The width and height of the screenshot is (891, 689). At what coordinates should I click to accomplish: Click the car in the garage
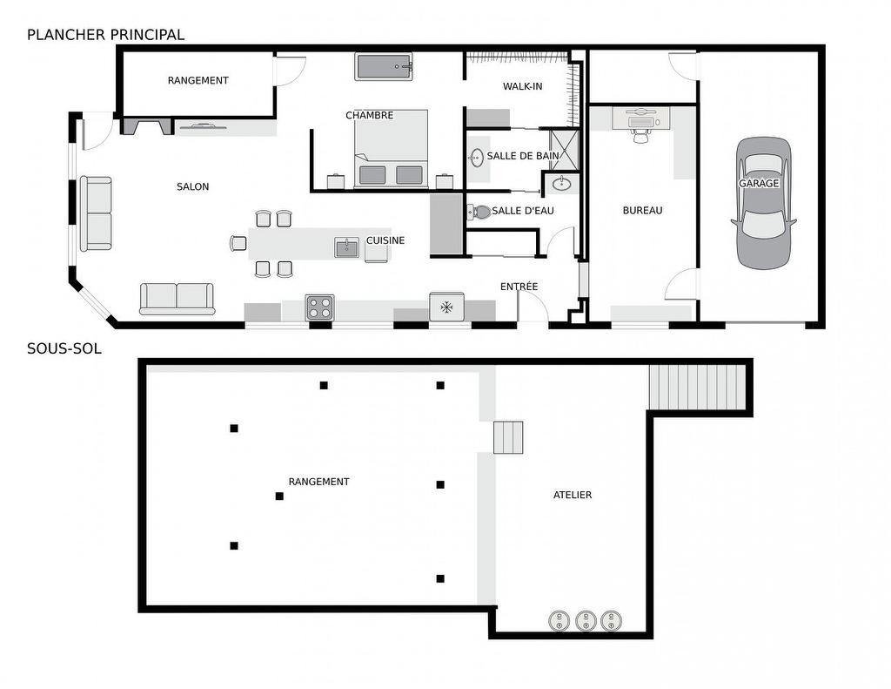click(x=764, y=202)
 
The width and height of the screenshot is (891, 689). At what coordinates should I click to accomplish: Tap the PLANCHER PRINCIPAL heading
click(x=105, y=35)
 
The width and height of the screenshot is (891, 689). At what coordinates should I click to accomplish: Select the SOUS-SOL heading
click(x=64, y=348)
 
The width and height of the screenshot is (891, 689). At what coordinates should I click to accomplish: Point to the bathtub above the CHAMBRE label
click(x=384, y=67)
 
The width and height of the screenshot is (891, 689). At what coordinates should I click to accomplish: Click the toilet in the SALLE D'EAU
click(x=479, y=212)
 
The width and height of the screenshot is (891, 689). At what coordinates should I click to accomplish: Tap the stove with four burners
click(x=319, y=307)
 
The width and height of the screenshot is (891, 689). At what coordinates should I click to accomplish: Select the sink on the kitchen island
click(x=346, y=247)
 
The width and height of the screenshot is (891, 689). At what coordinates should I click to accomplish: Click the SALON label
click(x=192, y=186)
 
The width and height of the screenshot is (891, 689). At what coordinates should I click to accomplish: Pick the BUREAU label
click(x=642, y=210)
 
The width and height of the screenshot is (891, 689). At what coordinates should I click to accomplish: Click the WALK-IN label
click(x=522, y=86)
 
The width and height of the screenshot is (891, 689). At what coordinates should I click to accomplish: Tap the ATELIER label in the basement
click(x=573, y=495)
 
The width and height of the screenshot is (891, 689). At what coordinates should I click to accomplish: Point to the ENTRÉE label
click(x=519, y=287)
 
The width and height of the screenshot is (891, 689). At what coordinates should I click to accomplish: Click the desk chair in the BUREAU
click(x=641, y=135)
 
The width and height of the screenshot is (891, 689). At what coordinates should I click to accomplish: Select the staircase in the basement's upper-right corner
click(x=699, y=387)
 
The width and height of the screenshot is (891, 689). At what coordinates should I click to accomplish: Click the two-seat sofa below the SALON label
click(x=178, y=298)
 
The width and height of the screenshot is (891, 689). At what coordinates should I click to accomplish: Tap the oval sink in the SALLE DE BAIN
click(x=477, y=158)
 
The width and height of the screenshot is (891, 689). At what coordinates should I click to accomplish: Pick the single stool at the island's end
click(x=238, y=243)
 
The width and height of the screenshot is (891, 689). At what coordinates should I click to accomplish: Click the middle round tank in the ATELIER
click(x=586, y=620)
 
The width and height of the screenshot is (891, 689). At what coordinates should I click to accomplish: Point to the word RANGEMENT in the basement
click(x=318, y=482)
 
